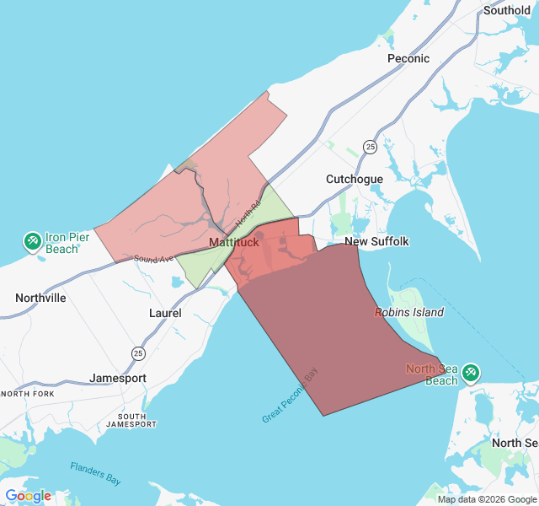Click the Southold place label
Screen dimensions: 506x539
[x=506, y=11]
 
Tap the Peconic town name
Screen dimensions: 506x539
[x=408, y=58]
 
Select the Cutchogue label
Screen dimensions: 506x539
[x=355, y=179]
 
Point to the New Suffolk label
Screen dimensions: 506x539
[x=376, y=241]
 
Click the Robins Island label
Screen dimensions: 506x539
[x=409, y=312]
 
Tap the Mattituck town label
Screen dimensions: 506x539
[x=234, y=243]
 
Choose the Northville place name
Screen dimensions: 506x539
[x=40, y=298]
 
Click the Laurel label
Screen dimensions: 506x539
[x=165, y=313]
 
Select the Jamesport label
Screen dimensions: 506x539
[x=118, y=379]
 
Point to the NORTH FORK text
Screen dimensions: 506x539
[x=27, y=395]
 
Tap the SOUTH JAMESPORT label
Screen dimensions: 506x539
[x=131, y=420]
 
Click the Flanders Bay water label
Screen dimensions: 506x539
[x=95, y=472]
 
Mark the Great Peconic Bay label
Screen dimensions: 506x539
[x=291, y=395]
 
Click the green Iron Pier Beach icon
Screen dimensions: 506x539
[x=34, y=242]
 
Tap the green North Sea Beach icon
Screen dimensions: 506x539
[x=470, y=371]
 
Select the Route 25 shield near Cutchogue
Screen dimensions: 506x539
[x=370, y=148]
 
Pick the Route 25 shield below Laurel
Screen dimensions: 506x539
[x=137, y=352]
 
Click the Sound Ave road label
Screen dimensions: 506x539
[x=152, y=258]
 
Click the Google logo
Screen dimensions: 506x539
[x=29, y=496]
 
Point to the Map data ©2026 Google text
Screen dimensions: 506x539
[x=487, y=499]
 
